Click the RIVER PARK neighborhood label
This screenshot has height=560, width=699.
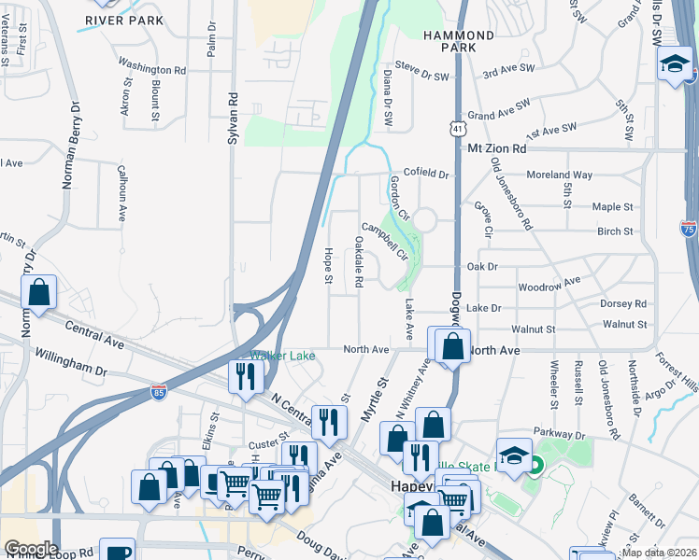pyautogui.click(x=123, y=20)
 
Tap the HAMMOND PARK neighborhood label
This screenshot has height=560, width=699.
pyautogui.click(x=457, y=40)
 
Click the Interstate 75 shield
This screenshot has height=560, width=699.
pyautogui.click(x=689, y=227)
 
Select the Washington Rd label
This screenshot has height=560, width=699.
pyautogui.click(x=152, y=69)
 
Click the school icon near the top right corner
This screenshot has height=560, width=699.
pyautogui.click(x=673, y=65)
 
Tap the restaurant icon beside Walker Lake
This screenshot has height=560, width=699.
pyautogui.click(x=245, y=376)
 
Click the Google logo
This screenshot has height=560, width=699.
pyautogui.click(x=30, y=548)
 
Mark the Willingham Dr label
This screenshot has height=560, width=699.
pyautogui.click(x=70, y=362)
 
